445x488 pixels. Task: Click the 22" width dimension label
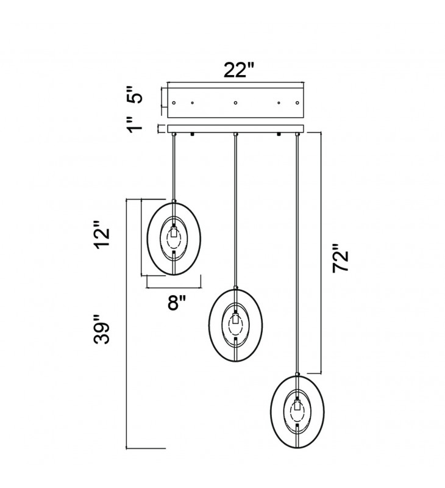point(239,70)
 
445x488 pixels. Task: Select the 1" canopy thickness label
point(135,125)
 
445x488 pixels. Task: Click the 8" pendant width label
point(177,302)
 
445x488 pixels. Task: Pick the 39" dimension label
point(102,329)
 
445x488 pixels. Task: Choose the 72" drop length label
point(340,258)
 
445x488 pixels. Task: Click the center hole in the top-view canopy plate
point(235,102)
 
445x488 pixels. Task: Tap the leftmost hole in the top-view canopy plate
point(174,102)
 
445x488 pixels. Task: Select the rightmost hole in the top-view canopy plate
point(297,102)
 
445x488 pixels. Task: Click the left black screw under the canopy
point(192,134)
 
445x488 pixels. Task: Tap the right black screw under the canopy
point(279,134)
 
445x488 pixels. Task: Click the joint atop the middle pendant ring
point(236,287)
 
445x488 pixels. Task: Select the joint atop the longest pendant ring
point(297,374)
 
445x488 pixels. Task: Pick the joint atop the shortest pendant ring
point(174,201)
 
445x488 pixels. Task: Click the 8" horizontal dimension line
point(174,288)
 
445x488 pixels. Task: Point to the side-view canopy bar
point(235,129)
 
